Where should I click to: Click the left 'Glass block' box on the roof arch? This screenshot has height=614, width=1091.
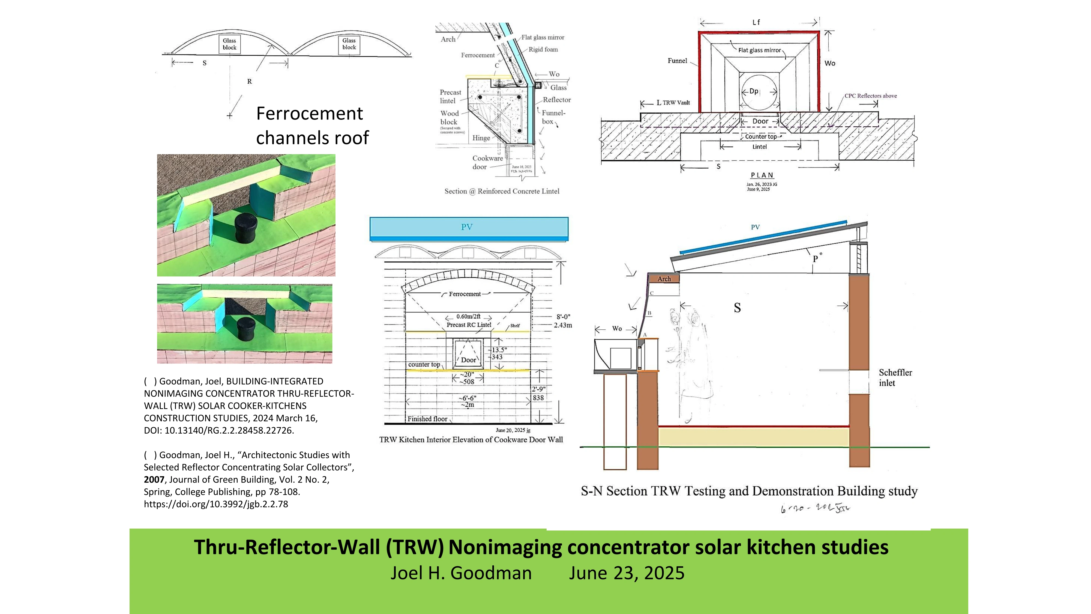(x=230, y=44)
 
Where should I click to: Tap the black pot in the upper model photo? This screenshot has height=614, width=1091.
(x=246, y=228)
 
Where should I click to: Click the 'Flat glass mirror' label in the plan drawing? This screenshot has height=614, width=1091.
(x=759, y=50)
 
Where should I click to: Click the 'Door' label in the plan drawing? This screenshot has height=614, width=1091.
(x=760, y=121)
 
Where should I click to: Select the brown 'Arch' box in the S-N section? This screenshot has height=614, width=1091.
(x=664, y=278)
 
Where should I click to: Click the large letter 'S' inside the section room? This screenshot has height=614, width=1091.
(x=737, y=308)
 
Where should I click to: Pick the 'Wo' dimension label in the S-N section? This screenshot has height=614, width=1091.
(x=617, y=328)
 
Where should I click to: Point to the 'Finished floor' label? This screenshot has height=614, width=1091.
(x=427, y=419)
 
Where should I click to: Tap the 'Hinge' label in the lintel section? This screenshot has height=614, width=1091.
(x=481, y=138)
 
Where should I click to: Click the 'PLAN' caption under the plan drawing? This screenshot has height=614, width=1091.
(x=762, y=175)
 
